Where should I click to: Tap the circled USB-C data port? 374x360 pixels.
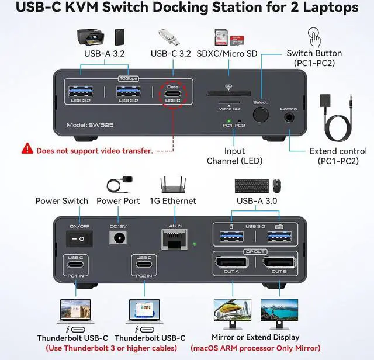click(172, 94)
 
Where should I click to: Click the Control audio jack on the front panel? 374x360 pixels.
click(289, 117)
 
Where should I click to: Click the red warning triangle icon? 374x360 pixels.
click(27, 150)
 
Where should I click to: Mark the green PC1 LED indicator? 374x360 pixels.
click(228, 120)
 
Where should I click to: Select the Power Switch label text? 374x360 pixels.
click(61, 201)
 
